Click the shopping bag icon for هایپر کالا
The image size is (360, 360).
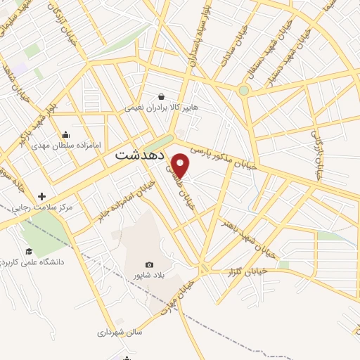click(162, 97)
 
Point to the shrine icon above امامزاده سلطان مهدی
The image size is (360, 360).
click(66, 134)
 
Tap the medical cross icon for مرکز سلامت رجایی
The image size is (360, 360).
click(42, 196)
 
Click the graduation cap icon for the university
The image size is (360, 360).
click(29, 251)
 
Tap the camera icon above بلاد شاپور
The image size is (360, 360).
click(149, 264)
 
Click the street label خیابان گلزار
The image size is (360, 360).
click(250, 271)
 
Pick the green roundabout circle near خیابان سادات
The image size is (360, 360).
click(243, 90)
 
